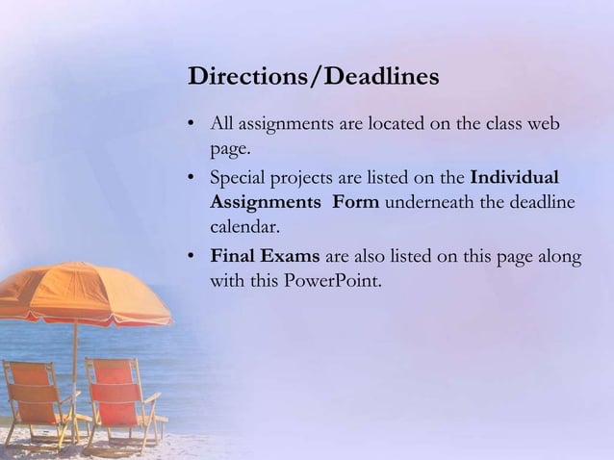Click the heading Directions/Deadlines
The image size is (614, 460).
click(x=314, y=76)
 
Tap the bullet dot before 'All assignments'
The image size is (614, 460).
click(x=192, y=125)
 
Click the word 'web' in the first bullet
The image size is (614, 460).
click(x=543, y=125)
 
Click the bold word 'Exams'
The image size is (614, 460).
click(x=292, y=256)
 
